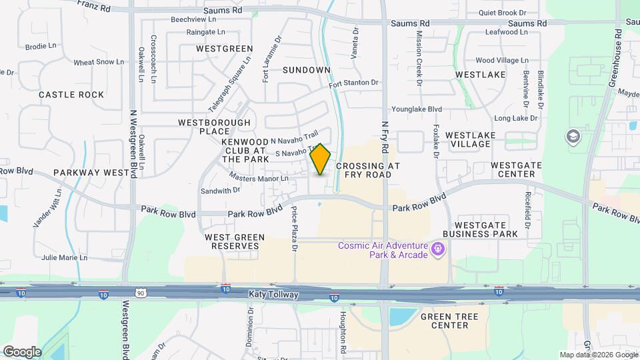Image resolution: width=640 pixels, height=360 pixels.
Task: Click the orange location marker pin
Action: (x=321, y=159)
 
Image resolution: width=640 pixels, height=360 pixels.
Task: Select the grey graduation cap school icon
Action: (x=572, y=137)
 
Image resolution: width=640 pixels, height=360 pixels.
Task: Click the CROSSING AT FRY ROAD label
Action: (x=363, y=170)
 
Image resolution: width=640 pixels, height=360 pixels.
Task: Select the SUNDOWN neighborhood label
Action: (x=306, y=70)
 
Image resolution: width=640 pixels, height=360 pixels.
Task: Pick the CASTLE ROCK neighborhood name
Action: (x=71, y=95)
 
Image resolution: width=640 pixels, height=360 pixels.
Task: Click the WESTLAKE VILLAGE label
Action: (x=471, y=139)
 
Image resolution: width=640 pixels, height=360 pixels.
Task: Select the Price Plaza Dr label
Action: (x=294, y=229)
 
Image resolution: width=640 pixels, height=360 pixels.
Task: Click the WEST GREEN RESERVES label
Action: (x=235, y=241)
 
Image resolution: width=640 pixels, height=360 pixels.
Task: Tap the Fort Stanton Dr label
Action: (x=353, y=83)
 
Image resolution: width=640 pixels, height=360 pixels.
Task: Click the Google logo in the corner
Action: (x=21, y=351)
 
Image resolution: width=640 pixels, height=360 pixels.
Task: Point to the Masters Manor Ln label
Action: (x=259, y=178)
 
